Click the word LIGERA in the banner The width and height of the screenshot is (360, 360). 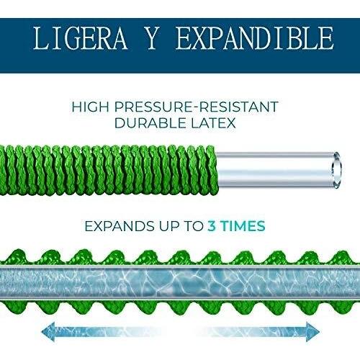80,38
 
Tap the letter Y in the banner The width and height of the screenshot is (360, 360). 151,38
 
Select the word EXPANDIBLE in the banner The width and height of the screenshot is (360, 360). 255,38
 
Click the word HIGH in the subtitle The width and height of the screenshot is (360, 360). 90,107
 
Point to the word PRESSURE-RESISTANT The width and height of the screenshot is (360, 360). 196,107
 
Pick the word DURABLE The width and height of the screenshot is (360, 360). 150,123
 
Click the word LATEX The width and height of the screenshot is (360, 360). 213,123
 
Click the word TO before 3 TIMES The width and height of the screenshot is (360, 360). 192,226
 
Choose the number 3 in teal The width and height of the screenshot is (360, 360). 212,226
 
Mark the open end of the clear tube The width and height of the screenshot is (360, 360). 336,170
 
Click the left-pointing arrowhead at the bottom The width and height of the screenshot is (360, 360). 49,332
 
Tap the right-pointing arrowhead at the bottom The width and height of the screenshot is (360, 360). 312,332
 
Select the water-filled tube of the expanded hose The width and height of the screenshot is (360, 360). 180,282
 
